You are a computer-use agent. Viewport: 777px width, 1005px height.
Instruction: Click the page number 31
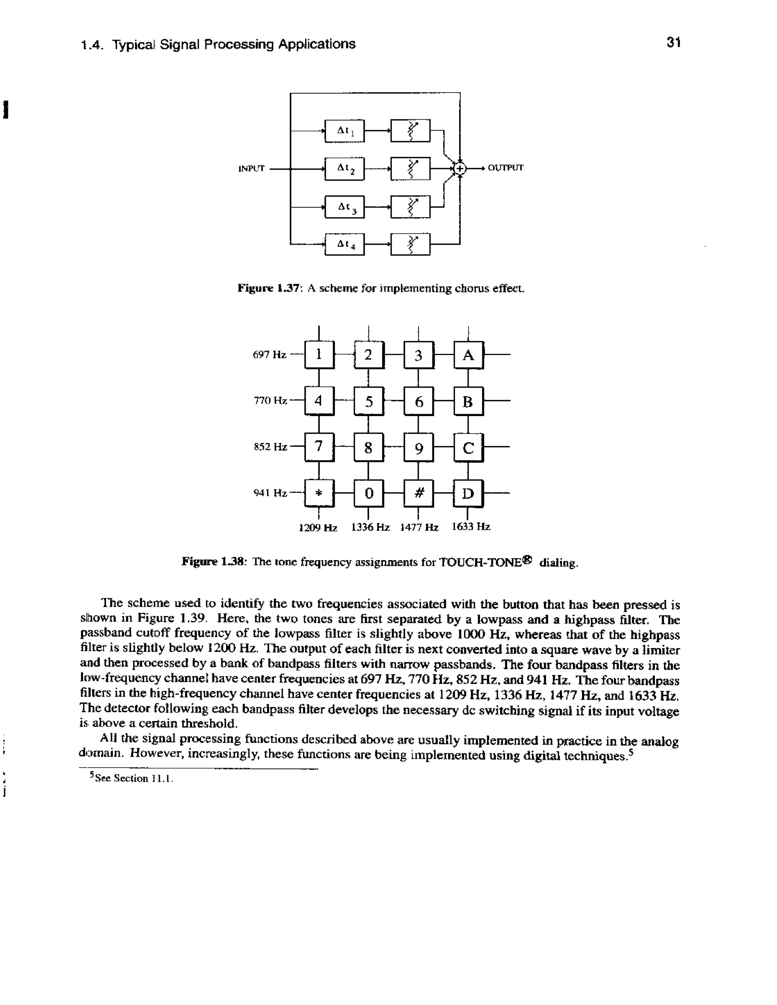[x=673, y=43]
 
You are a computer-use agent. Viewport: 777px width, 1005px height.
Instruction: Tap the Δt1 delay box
[x=344, y=131]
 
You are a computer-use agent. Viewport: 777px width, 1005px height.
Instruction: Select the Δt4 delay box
[x=344, y=244]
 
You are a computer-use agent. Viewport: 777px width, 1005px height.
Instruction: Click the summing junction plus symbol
[x=459, y=169]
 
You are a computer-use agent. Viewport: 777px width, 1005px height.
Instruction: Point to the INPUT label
[x=251, y=168]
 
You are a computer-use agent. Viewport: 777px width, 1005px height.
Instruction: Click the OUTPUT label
[x=505, y=168]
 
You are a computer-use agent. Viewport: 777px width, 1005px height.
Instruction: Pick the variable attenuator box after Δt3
[x=410, y=207]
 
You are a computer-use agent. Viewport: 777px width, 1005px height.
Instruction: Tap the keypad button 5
[x=369, y=401]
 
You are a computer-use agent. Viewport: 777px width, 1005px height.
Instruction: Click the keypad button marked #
[x=418, y=493]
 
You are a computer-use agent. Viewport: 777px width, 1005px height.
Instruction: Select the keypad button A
[x=468, y=355]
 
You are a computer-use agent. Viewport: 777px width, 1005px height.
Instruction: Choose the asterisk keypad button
[x=319, y=493]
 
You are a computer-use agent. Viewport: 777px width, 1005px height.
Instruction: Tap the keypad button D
[x=468, y=493]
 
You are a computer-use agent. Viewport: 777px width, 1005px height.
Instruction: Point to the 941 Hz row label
[x=270, y=493]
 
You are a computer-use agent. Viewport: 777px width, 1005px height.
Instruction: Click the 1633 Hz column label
[x=471, y=526]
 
